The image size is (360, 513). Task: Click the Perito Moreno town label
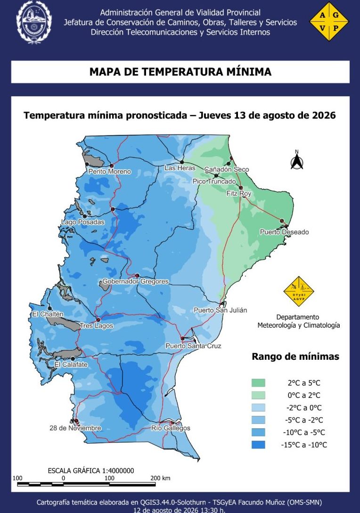[109, 172]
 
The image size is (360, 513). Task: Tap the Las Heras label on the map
[180, 168]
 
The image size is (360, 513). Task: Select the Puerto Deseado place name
[284, 232]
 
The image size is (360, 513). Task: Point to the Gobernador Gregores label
[136, 281]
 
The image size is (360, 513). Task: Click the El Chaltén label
[48, 314]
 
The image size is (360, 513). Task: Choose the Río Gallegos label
[171, 428]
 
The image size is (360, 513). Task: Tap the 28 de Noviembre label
[75, 428]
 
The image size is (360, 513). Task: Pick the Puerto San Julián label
[221, 310]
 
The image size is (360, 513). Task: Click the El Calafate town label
[71, 364]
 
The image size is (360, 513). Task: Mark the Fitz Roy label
[239, 193]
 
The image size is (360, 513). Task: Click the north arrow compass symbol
[297, 160]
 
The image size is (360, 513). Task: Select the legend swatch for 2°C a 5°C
[258, 383]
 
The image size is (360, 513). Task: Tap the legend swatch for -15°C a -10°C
[258, 445]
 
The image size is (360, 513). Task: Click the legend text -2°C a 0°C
[304, 408]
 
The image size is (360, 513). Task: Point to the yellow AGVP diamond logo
[329, 22]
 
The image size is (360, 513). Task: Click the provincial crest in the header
[33, 22]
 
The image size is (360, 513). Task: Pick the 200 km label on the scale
[160, 478]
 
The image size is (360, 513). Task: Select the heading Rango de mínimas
[295, 356]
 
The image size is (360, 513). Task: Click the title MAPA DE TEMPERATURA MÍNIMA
[180, 72]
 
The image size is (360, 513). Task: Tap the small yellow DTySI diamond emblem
[299, 291]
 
